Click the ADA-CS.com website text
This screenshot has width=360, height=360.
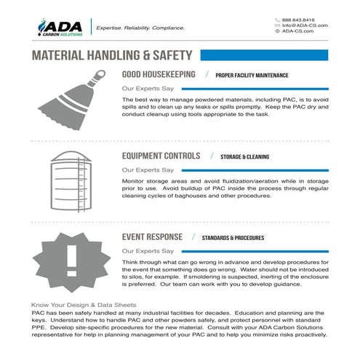coord(300,32)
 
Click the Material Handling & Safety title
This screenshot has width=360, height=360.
coord(112,55)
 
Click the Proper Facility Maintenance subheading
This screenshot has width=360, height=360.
coord(252,75)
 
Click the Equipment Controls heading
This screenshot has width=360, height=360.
coord(161,156)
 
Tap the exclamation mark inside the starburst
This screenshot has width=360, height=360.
coord(71,258)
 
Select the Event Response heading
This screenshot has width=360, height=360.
coord(152,237)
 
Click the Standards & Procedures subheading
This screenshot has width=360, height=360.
coord(233,238)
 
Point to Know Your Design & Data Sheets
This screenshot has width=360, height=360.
coord(84,304)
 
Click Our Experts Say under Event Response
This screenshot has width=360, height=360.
coord(147,251)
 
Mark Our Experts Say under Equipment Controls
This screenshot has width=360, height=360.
coord(147,169)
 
